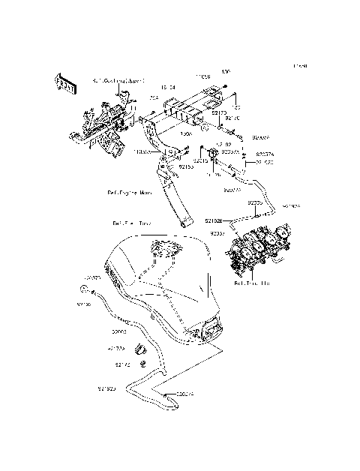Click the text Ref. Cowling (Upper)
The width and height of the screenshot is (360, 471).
click(x=118, y=79)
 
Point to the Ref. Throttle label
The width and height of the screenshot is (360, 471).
click(x=252, y=284)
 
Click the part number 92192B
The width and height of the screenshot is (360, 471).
click(x=214, y=220)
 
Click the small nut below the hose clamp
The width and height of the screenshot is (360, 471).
click(x=142, y=364)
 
